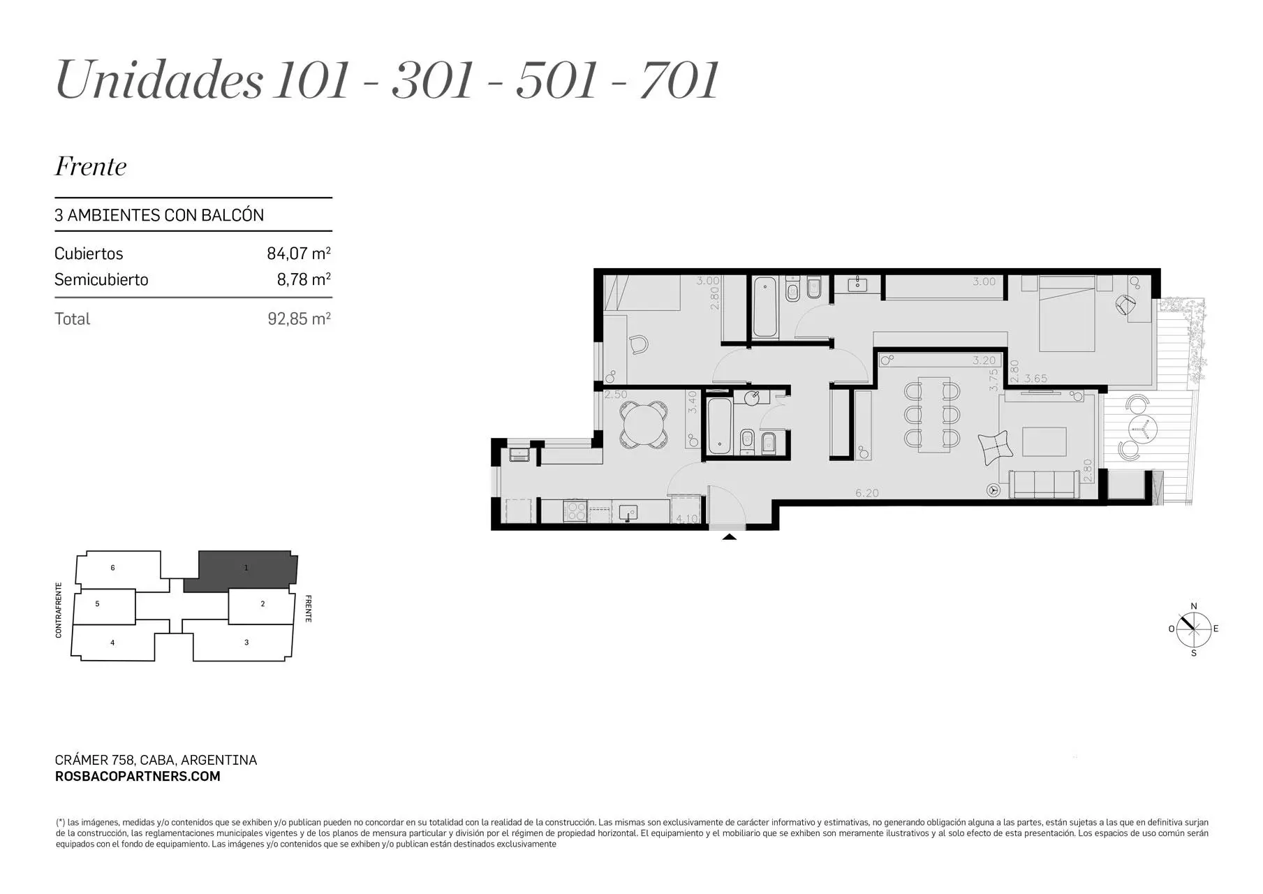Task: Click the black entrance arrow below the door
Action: click(x=729, y=536)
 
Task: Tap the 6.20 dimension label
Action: click(x=867, y=493)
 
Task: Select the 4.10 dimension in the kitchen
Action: click(x=687, y=519)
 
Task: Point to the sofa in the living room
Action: click(x=1044, y=484)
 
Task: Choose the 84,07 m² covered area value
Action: click(x=299, y=253)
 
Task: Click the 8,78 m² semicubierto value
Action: click(x=304, y=279)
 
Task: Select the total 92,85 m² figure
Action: click(x=300, y=318)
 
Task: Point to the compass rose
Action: click(x=1194, y=629)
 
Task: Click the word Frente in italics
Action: click(x=91, y=166)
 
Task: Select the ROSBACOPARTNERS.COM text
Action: click(x=138, y=776)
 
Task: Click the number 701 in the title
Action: click(x=679, y=80)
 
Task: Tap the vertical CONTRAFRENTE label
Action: click(x=59, y=610)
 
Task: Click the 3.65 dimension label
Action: click(x=1036, y=379)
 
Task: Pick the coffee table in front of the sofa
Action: click(x=1044, y=441)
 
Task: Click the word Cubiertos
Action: click(x=89, y=253)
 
